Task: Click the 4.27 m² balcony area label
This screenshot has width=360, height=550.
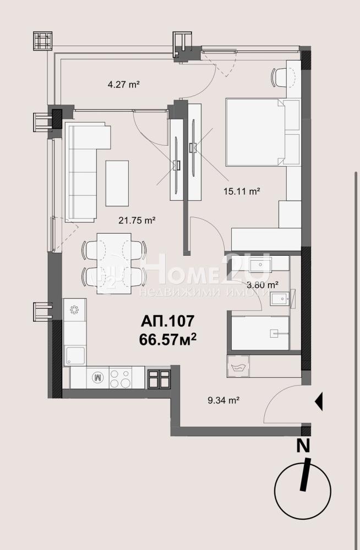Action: tap(124, 84)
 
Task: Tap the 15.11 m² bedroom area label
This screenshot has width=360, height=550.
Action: tap(242, 191)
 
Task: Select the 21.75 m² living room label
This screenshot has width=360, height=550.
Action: tap(137, 221)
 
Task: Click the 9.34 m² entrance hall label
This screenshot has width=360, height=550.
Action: tap(223, 400)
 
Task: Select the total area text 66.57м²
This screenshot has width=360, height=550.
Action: tap(167, 339)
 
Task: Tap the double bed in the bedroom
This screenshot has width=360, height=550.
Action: tap(255, 132)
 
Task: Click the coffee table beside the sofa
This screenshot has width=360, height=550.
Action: tap(117, 183)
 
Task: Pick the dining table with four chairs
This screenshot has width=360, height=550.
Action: tap(114, 263)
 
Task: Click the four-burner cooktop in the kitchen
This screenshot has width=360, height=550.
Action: tap(121, 377)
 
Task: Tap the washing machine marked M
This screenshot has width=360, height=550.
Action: tap(97, 377)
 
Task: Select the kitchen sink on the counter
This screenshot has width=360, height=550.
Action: tap(75, 356)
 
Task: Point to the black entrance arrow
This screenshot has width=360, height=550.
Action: tap(319, 402)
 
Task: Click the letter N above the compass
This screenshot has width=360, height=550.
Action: tap(303, 446)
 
